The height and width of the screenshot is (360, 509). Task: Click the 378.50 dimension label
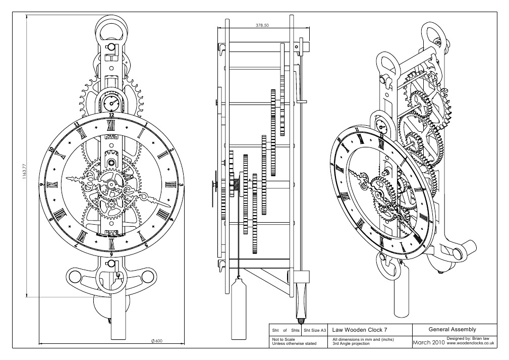click(x=261, y=24)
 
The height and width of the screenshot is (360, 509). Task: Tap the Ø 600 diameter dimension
click(x=157, y=341)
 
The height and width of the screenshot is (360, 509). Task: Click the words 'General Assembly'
click(x=452, y=330)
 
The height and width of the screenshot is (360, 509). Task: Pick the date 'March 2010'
click(x=429, y=342)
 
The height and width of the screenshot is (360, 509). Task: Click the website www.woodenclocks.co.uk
click(x=470, y=343)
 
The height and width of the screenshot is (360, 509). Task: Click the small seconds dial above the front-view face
click(x=111, y=105)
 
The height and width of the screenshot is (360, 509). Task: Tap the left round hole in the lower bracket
click(x=75, y=275)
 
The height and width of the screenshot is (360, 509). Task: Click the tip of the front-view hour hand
click(x=68, y=178)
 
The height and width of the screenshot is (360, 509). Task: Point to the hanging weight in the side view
click(x=238, y=308)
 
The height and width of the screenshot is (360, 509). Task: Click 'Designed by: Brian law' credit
click(x=471, y=338)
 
